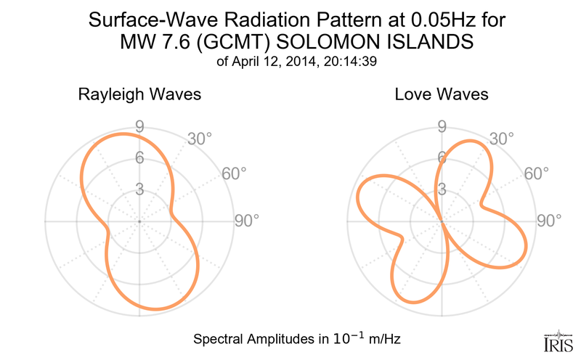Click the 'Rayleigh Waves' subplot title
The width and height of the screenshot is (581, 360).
click(x=139, y=95)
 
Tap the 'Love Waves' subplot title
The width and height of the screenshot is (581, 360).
click(x=442, y=95)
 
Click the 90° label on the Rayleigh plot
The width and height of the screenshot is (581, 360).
click(x=246, y=221)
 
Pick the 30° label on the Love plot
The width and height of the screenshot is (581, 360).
click(x=502, y=138)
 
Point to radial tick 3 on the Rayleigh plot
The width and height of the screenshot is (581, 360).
click(x=139, y=190)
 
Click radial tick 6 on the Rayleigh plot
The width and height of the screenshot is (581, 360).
click(x=139, y=158)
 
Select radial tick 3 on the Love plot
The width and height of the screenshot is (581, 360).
click(x=441, y=190)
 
